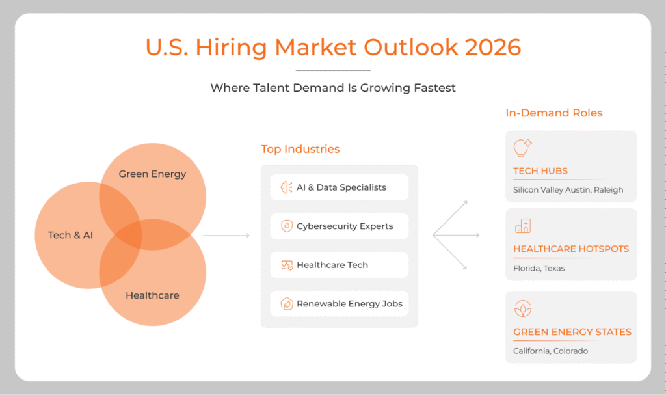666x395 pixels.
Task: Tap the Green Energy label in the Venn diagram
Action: (x=152, y=174)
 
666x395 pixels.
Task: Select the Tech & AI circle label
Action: (x=70, y=234)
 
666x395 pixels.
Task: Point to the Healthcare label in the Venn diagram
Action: (x=152, y=295)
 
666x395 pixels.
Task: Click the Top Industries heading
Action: (x=300, y=149)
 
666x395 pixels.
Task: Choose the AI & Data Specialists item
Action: (x=341, y=187)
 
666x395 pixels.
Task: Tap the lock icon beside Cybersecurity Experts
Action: (x=286, y=226)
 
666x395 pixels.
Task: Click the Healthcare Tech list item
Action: (x=332, y=265)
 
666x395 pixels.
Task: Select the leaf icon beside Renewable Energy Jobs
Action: (x=286, y=304)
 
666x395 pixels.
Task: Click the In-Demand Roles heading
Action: (x=553, y=113)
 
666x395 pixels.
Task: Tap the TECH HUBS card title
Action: (x=540, y=171)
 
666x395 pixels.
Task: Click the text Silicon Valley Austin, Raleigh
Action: (x=568, y=189)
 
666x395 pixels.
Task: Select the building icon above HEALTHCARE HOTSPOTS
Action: (x=522, y=226)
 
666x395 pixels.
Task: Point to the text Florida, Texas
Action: (x=539, y=268)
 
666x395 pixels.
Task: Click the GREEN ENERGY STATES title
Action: (x=572, y=332)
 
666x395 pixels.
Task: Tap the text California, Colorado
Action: (x=550, y=351)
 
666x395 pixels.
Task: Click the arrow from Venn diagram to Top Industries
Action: (x=226, y=235)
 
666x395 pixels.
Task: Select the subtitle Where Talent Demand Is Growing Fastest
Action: (x=332, y=88)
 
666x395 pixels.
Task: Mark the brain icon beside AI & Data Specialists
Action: (x=286, y=187)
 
